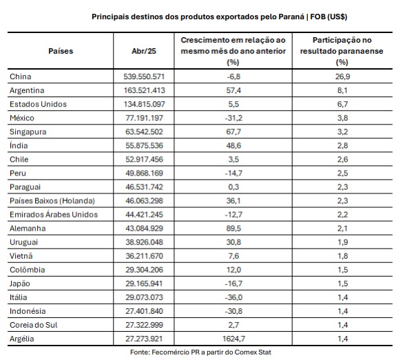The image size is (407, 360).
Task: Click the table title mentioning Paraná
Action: [x=219, y=17]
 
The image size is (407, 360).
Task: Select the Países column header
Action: [x=61, y=51]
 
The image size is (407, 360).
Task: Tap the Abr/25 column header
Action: [x=144, y=51]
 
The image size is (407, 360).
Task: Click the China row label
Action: [x=21, y=76]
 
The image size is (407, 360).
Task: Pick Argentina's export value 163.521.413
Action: [x=145, y=90]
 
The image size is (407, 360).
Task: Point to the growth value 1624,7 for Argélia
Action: [x=233, y=339]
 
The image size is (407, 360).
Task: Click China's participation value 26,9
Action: [x=342, y=76]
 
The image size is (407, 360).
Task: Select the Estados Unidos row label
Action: [x=38, y=104]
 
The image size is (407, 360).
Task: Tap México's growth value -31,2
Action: [x=233, y=118]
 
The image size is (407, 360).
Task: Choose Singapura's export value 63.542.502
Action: [x=145, y=131]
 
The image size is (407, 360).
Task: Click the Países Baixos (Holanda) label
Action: [x=52, y=201]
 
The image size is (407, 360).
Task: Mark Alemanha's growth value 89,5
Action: [x=233, y=229]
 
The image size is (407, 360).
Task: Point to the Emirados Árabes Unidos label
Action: [x=54, y=215]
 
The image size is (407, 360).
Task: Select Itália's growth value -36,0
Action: [x=233, y=297]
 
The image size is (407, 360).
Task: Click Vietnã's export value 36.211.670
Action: [x=145, y=256]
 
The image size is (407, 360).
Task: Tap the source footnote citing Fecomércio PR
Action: [x=200, y=352]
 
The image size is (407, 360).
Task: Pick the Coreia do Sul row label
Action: [x=34, y=325]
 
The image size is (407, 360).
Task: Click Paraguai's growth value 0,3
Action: [x=233, y=187]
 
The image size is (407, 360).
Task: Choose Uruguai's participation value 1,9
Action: [x=342, y=242]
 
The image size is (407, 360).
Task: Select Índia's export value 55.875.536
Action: [x=145, y=145]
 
